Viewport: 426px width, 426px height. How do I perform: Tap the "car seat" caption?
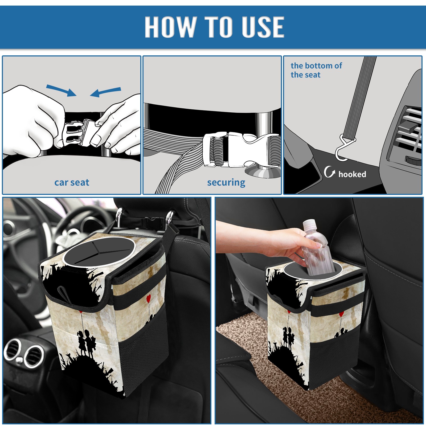[72, 182]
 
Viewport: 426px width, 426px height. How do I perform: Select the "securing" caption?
[226, 183]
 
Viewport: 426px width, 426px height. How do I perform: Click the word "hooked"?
[352, 174]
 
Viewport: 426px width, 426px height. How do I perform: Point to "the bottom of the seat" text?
[316, 70]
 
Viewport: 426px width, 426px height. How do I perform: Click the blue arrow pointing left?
[105, 92]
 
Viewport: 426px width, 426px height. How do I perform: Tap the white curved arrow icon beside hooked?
[329, 172]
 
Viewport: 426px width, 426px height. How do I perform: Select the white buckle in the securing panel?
[241, 150]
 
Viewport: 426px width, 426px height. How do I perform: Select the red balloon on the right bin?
[341, 314]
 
